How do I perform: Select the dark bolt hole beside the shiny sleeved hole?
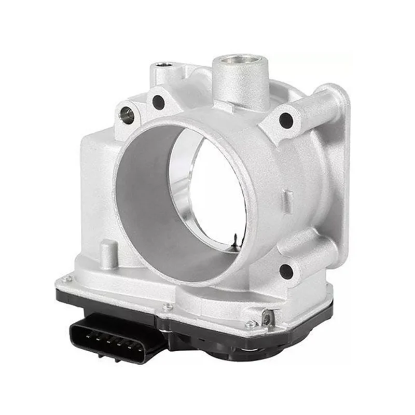(x=158, y=102)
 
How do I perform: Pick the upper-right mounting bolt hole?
(x=286, y=120)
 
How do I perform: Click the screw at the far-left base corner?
(x=66, y=280)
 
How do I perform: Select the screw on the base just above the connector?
(x=167, y=307)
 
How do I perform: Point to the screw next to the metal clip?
(x=251, y=325)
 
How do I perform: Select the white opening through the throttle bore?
(x=213, y=192)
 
